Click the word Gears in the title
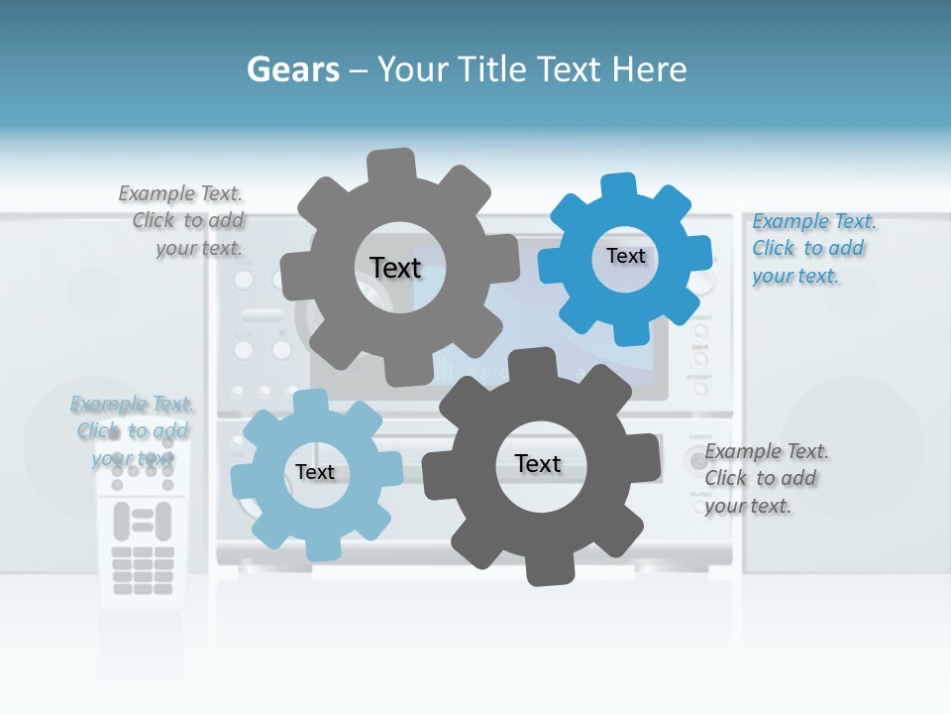292,69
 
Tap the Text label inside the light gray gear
395,268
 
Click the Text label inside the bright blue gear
625,256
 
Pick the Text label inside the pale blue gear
315,472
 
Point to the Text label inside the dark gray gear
538,463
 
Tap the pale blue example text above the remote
132,430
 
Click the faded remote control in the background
142,535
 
